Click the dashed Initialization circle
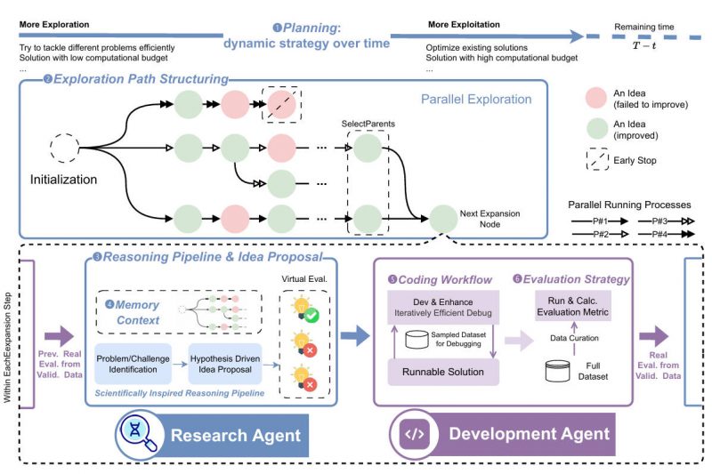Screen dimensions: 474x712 tap(66, 146)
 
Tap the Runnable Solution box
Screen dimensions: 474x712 tap(443, 373)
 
